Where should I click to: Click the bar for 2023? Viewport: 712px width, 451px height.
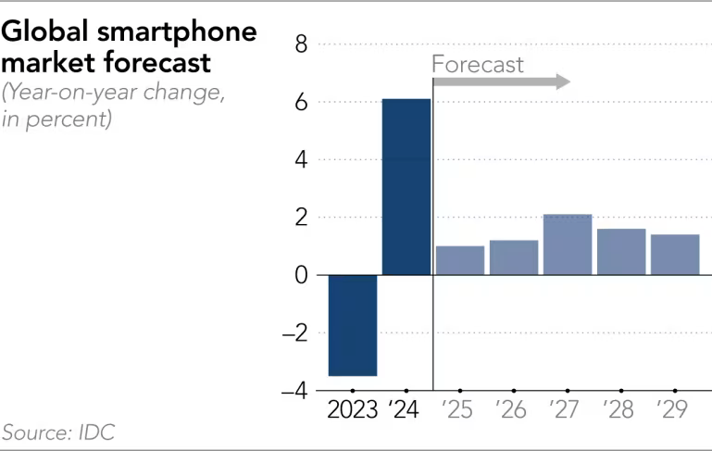pyautogui.click(x=353, y=325)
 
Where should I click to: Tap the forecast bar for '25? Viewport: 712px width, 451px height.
pyautogui.click(x=460, y=260)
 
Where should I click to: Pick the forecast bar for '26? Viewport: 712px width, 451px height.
pyautogui.click(x=514, y=257)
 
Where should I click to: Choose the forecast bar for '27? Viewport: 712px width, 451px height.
pyautogui.click(x=568, y=244)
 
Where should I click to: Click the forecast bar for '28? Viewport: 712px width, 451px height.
pyautogui.click(x=620, y=252)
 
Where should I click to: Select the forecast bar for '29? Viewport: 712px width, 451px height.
pyautogui.click(x=674, y=255)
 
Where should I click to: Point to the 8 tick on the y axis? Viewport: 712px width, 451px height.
pyautogui.click(x=301, y=44)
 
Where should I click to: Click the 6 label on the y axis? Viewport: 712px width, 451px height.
pyautogui.click(x=301, y=102)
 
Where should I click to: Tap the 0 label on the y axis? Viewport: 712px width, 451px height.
pyautogui.click(x=301, y=275)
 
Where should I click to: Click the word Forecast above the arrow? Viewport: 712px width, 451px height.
pyautogui.click(x=478, y=64)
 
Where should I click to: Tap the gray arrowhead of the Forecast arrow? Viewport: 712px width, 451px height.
pyautogui.click(x=561, y=82)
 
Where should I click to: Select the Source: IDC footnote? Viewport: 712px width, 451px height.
pyautogui.click(x=57, y=432)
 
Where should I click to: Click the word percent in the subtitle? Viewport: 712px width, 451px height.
pyautogui.click(x=72, y=119)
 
